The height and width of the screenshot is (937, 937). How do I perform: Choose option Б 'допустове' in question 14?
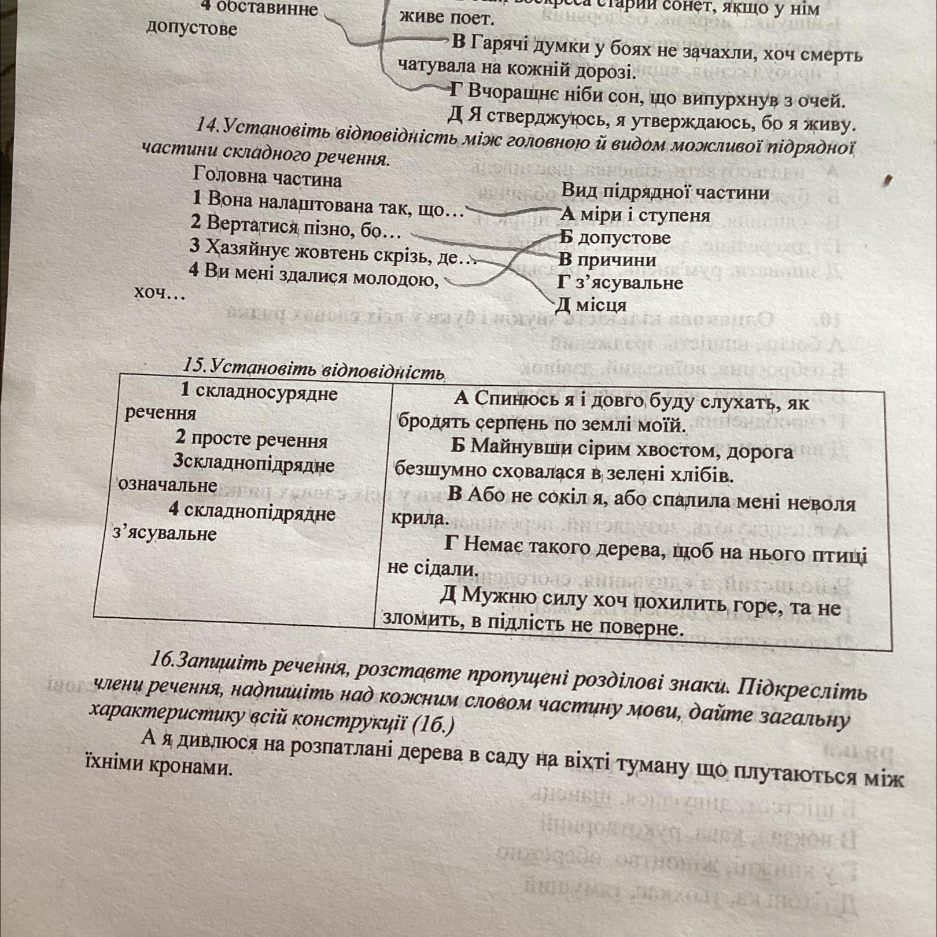coord(615,237)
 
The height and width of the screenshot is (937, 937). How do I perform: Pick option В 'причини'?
coord(608,260)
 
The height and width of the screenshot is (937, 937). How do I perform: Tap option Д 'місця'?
coord(591,304)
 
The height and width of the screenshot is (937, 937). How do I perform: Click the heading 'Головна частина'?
coord(268,176)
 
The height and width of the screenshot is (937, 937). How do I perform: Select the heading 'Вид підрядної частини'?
coord(666,191)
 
